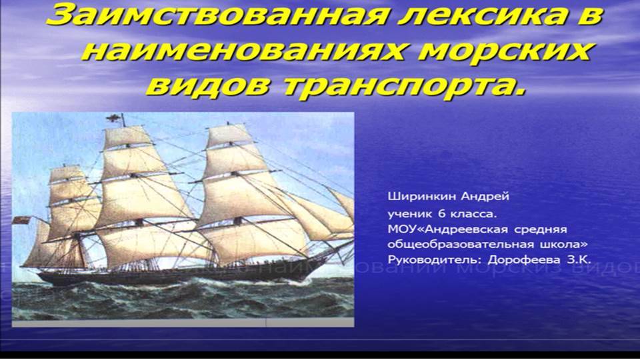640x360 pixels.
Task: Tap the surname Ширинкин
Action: [x=415, y=197]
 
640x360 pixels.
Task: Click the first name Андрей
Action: [x=470, y=197]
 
